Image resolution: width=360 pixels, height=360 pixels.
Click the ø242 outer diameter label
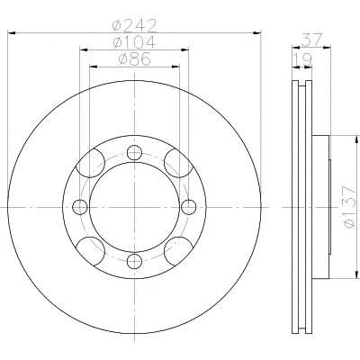pyautogui.click(x=134, y=26)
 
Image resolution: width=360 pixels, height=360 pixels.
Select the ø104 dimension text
pyautogui.click(x=134, y=42)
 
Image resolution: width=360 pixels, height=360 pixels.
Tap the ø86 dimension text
pyautogui.click(x=134, y=58)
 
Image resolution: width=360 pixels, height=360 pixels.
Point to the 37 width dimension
pyautogui.click(x=312, y=40)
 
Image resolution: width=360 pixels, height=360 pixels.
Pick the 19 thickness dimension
pyautogui.click(x=302, y=59)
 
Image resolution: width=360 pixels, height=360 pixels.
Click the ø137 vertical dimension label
pyautogui.click(x=349, y=207)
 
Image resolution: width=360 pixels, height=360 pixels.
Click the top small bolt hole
pyautogui.click(x=134, y=153)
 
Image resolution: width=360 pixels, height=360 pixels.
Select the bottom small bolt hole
pyautogui.click(x=134, y=261)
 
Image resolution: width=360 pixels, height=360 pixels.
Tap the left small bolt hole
pyautogui.click(x=80, y=207)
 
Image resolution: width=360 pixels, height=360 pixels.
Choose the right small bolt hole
pyautogui.click(x=189, y=207)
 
